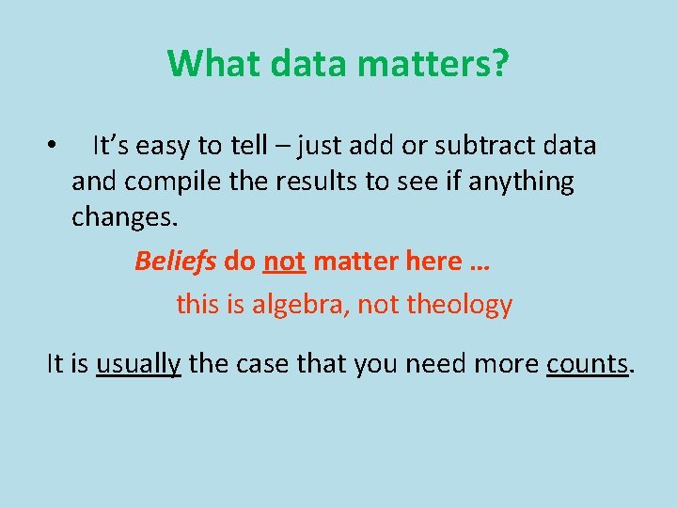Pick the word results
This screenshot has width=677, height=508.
pos(318,181)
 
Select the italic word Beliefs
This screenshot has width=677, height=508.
pos(176,261)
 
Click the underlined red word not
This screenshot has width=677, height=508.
pos(284,261)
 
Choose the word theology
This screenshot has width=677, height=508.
pos(461,305)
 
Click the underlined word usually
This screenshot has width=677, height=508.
pos(138,363)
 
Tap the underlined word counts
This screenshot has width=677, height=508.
pos(587,363)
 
